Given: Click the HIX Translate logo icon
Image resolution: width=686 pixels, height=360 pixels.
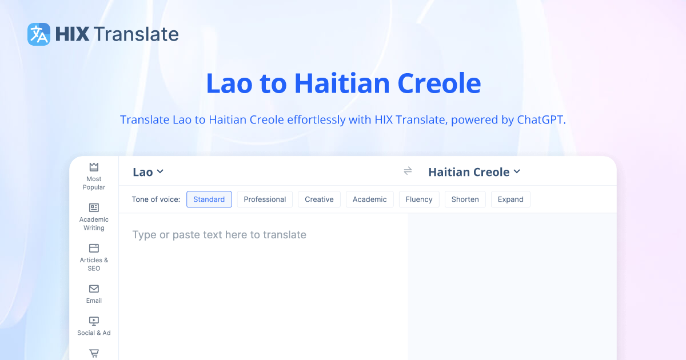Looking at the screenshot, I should [39, 34].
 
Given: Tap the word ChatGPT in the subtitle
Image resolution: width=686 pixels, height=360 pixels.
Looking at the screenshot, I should [540, 120].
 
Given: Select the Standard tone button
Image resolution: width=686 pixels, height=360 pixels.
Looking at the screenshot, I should [209, 199].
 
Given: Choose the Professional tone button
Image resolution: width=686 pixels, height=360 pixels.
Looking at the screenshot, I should [265, 199].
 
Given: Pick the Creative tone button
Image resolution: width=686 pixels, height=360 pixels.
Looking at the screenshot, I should [319, 199].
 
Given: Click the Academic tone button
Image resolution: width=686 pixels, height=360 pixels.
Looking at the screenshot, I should [369, 199].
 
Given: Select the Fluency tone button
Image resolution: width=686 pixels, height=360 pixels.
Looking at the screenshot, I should [419, 199].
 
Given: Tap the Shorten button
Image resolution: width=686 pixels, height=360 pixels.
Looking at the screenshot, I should [465, 199].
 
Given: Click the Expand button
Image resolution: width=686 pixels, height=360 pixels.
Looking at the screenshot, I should [510, 199].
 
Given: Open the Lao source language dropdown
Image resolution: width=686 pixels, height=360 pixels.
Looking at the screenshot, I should [148, 172].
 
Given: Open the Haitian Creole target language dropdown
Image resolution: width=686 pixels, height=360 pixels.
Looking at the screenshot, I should [474, 172].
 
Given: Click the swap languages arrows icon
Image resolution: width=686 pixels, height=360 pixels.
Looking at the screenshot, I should [408, 171].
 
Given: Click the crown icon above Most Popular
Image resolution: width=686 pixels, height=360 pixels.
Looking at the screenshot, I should [94, 167].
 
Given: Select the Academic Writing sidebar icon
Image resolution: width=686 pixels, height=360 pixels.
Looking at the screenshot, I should [94, 207].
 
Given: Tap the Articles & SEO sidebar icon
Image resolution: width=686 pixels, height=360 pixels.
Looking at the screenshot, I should [94, 248].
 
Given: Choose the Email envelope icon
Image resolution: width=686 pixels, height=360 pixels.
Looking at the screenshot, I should [94, 289].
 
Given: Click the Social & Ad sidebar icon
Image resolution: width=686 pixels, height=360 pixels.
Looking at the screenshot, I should [94, 321].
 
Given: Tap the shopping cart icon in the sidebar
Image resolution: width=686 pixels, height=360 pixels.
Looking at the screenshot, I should [94, 353].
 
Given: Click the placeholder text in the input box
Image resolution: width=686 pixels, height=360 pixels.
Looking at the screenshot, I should [219, 235].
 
